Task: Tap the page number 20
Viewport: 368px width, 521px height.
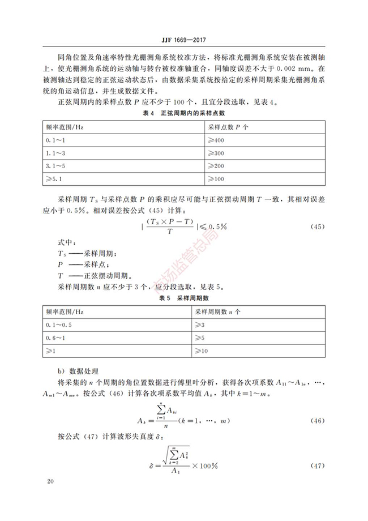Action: click(50, 481)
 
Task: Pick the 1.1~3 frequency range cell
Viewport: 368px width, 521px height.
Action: click(56, 153)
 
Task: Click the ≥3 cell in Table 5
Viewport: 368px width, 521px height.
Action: click(200, 324)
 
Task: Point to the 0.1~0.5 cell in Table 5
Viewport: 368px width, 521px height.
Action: click(59, 324)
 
